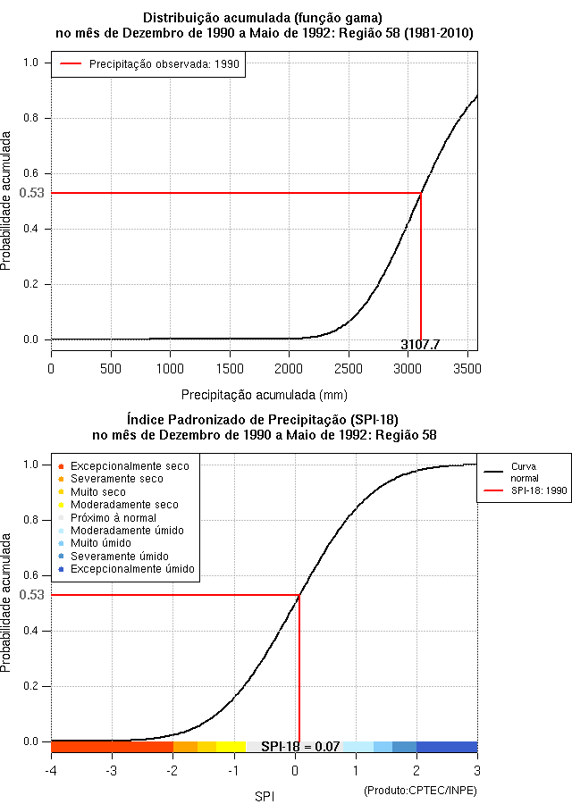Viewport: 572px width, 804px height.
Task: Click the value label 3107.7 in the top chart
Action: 420,345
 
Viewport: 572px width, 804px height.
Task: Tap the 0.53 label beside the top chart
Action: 31,193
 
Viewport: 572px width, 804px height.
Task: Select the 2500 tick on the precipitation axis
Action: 349,368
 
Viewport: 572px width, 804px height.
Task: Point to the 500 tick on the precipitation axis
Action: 111,368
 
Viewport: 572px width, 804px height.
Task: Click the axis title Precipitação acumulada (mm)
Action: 265,394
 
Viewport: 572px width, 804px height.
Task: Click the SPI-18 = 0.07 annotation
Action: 300,747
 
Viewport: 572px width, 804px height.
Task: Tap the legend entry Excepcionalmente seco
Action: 130,466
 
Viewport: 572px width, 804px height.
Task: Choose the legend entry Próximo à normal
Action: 113,518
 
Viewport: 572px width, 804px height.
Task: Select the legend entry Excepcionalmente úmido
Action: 132,569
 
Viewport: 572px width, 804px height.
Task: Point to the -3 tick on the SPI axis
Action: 111,770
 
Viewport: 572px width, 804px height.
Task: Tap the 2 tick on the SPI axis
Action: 416,770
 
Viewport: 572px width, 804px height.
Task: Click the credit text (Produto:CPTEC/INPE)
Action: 420,791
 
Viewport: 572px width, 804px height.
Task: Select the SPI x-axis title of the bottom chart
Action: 265,795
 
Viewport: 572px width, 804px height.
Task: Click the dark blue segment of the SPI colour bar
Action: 447,747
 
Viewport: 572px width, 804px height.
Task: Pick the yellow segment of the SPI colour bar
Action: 231,747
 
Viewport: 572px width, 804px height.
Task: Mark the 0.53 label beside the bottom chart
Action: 31,595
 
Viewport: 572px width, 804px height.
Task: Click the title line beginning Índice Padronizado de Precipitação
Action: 265,418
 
